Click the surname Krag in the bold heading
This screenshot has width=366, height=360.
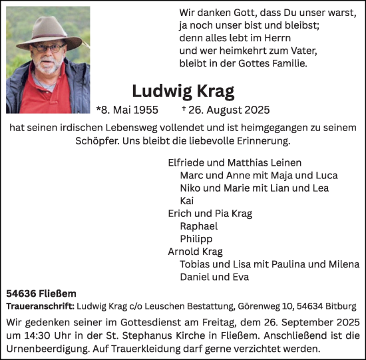(x=215, y=91)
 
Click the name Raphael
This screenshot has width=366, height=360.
(x=199, y=226)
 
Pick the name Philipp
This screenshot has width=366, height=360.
(x=196, y=239)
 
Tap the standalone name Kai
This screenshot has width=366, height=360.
(x=187, y=200)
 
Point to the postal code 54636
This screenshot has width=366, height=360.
(x=21, y=292)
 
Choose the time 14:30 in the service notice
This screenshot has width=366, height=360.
(x=39, y=337)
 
